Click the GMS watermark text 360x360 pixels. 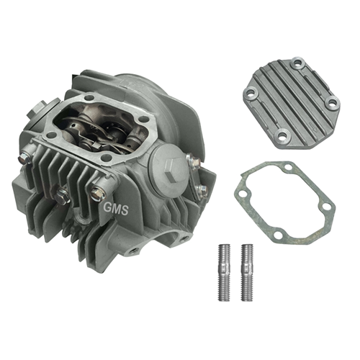tap(116, 209)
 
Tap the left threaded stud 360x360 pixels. tap(224, 272)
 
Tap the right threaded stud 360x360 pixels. tap(247, 272)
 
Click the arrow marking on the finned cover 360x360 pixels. tap(312, 125)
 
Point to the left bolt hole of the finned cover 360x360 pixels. tap(251, 93)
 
